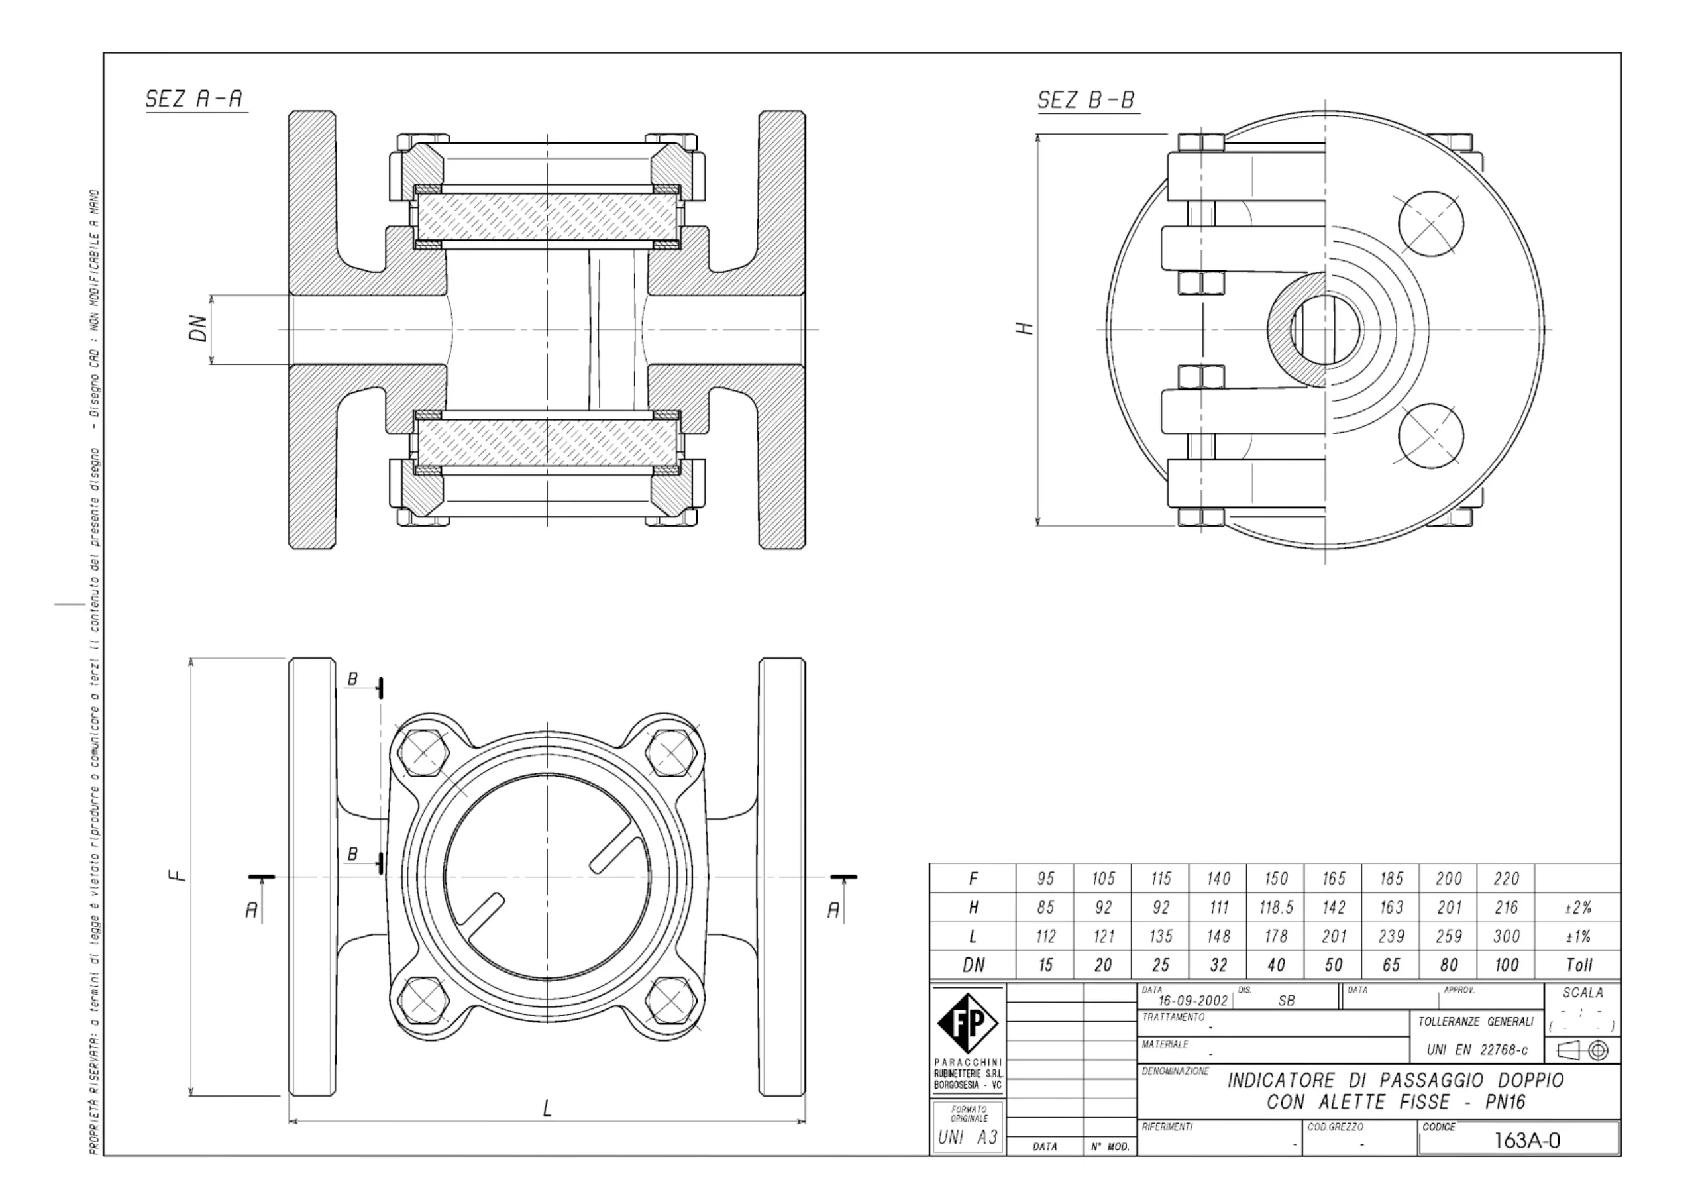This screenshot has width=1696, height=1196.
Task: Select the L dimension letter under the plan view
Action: (547, 1108)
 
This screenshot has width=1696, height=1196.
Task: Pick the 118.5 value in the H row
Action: (1276, 907)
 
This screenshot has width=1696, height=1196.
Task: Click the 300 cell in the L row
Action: (1505, 936)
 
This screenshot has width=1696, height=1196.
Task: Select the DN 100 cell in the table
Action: (1505, 965)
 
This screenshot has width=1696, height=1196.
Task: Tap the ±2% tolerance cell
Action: (1579, 907)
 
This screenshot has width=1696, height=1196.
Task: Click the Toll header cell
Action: (1579, 965)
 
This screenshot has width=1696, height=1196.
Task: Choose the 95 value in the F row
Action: (1045, 879)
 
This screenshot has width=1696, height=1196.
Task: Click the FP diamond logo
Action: (967, 1024)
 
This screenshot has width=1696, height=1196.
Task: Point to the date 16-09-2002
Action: (1192, 1001)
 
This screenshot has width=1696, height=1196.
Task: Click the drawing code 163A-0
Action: (1527, 1140)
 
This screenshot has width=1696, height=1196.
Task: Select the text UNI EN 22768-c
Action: (1477, 1050)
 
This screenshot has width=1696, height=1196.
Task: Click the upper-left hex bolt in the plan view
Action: (423, 753)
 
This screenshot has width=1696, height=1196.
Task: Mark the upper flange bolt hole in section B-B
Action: (1431, 224)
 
